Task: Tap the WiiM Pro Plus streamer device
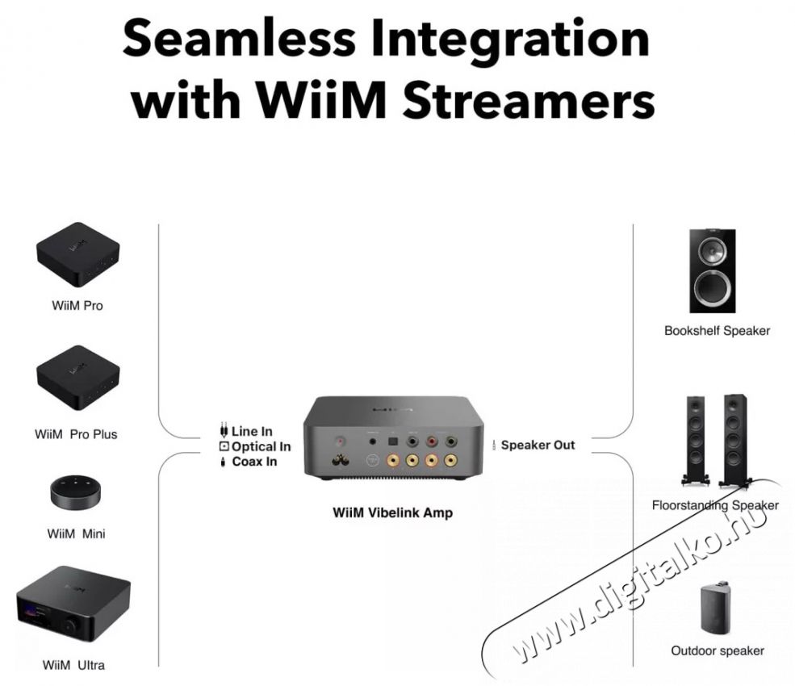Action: point(77,377)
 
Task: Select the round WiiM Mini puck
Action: point(76,491)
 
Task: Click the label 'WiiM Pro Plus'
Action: point(76,434)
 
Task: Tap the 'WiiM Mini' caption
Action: point(76,533)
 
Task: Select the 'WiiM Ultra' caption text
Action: point(74,665)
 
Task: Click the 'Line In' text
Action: point(252,432)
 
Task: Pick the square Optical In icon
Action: point(224,446)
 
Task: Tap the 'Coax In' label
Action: point(254,462)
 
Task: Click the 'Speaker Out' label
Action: point(538,445)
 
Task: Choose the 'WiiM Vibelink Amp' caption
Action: point(392,512)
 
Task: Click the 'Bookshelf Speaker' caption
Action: point(717,331)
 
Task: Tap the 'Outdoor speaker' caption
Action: point(718,650)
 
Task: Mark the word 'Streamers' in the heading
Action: point(529,100)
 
